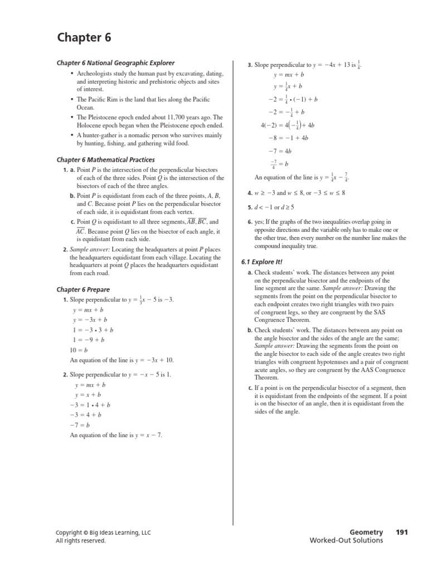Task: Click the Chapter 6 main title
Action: coord(84,38)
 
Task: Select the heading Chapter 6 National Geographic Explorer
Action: coord(115,63)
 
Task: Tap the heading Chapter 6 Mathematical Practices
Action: coord(106,159)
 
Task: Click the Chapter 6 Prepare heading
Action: coord(83,289)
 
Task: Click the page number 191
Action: coord(402,532)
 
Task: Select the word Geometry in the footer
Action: coord(366,532)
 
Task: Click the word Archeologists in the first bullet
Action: coord(95,74)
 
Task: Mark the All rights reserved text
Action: coord(80,540)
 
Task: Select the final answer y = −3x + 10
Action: coord(153,360)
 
